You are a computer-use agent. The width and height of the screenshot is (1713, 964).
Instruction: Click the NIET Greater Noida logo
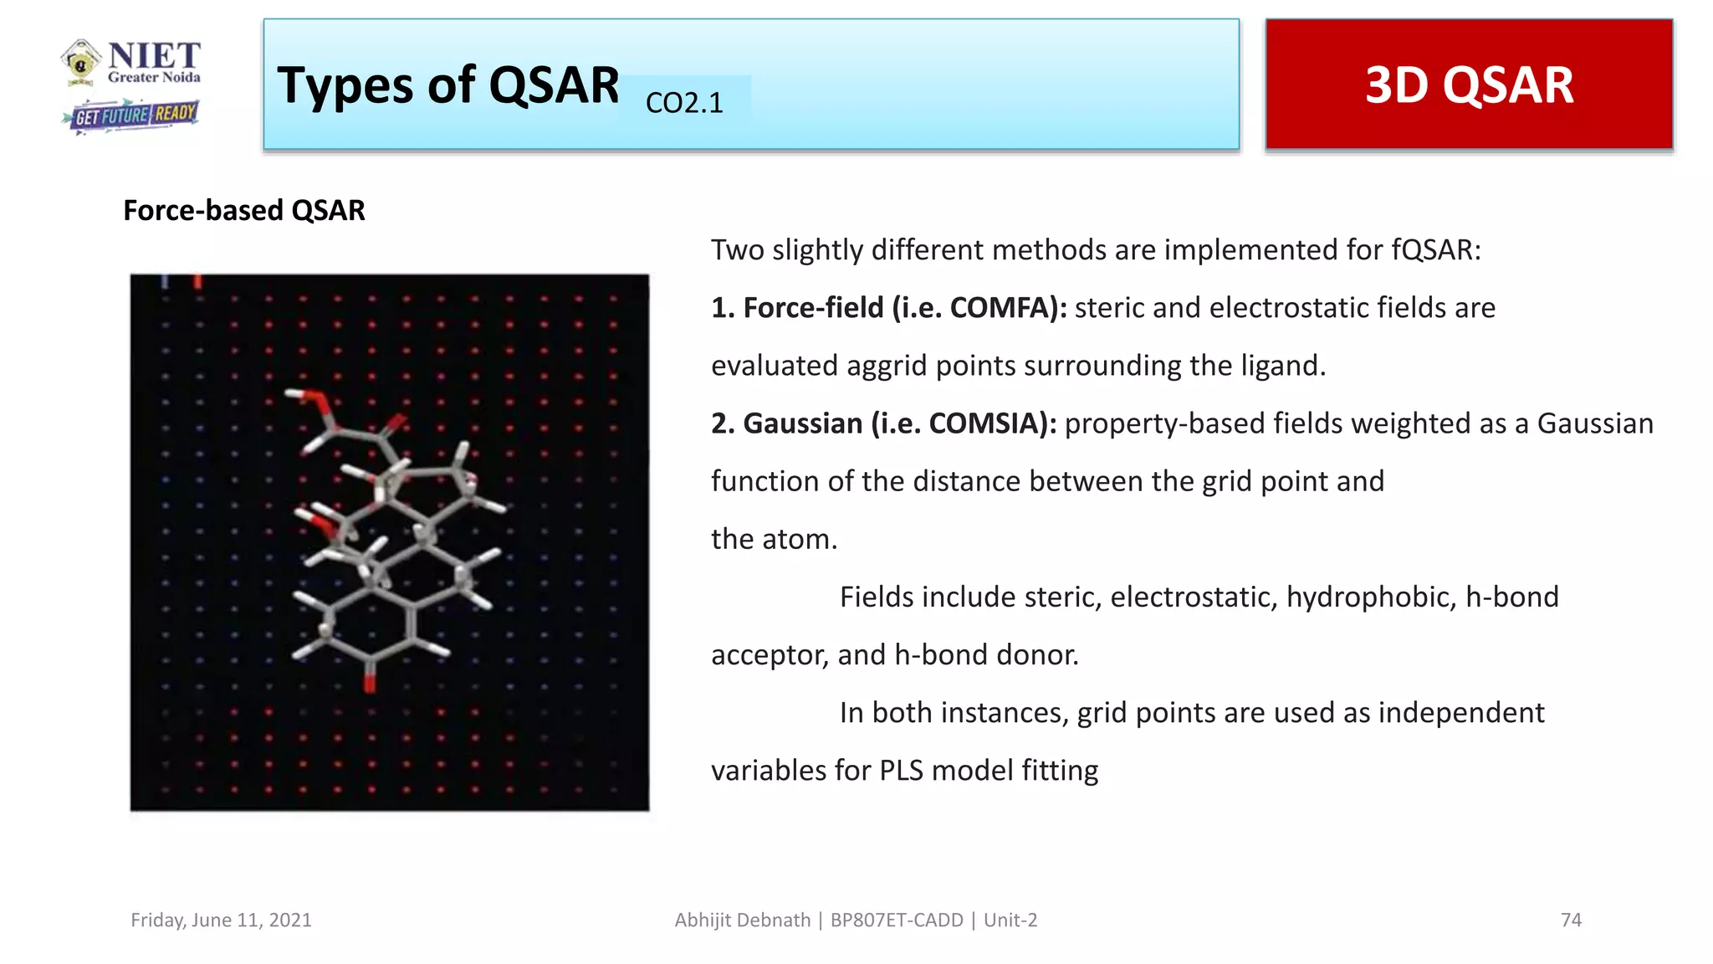[131, 63]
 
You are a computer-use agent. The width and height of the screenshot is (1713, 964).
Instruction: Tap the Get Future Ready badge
[132, 115]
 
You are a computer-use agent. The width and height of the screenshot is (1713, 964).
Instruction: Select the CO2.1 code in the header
[684, 103]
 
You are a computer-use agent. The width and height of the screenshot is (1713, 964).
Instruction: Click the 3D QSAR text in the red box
[1469, 85]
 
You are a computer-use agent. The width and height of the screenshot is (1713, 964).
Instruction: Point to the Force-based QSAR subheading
[243, 210]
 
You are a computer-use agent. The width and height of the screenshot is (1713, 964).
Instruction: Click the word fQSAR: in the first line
[1436, 250]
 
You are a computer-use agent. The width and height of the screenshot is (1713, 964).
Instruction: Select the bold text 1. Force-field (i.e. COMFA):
[888, 308]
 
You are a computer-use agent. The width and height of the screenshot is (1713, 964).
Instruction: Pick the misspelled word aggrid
[887, 367]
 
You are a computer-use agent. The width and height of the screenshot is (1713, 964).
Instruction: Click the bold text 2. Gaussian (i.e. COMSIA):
[883, 423]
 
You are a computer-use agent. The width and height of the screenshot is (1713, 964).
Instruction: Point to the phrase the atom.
[774, 540]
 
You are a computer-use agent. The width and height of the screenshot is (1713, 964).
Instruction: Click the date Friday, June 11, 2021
[221, 920]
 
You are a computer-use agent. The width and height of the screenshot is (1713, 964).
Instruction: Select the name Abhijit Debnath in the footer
[742, 920]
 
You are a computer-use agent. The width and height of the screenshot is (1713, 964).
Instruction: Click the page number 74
[1571, 920]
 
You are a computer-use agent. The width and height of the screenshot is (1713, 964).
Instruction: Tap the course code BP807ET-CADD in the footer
[897, 920]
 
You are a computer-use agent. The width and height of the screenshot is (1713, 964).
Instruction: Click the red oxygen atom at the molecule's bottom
[370, 682]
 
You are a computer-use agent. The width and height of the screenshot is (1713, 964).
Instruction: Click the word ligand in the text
[1279, 367]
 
